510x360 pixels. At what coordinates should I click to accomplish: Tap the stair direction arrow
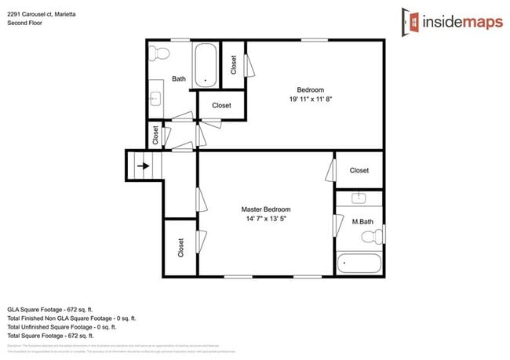[143, 165]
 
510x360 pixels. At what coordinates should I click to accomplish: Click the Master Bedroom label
[266, 209]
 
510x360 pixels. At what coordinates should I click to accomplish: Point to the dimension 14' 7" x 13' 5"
[266, 220]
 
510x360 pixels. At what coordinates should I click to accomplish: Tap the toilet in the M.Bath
[377, 235]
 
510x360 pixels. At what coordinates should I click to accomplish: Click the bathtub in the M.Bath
[359, 263]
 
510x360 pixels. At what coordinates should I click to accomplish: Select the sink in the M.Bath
[359, 199]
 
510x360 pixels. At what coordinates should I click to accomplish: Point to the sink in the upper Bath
[155, 98]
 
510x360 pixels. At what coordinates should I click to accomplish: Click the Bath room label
[178, 78]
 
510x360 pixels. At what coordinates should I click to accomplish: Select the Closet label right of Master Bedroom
[359, 170]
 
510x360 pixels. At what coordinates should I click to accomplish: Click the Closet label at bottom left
[180, 248]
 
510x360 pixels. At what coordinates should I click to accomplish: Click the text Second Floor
[25, 23]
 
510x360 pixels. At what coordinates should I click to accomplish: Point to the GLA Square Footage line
[57, 309]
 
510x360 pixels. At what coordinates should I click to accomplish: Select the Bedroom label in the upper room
[309, 89]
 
